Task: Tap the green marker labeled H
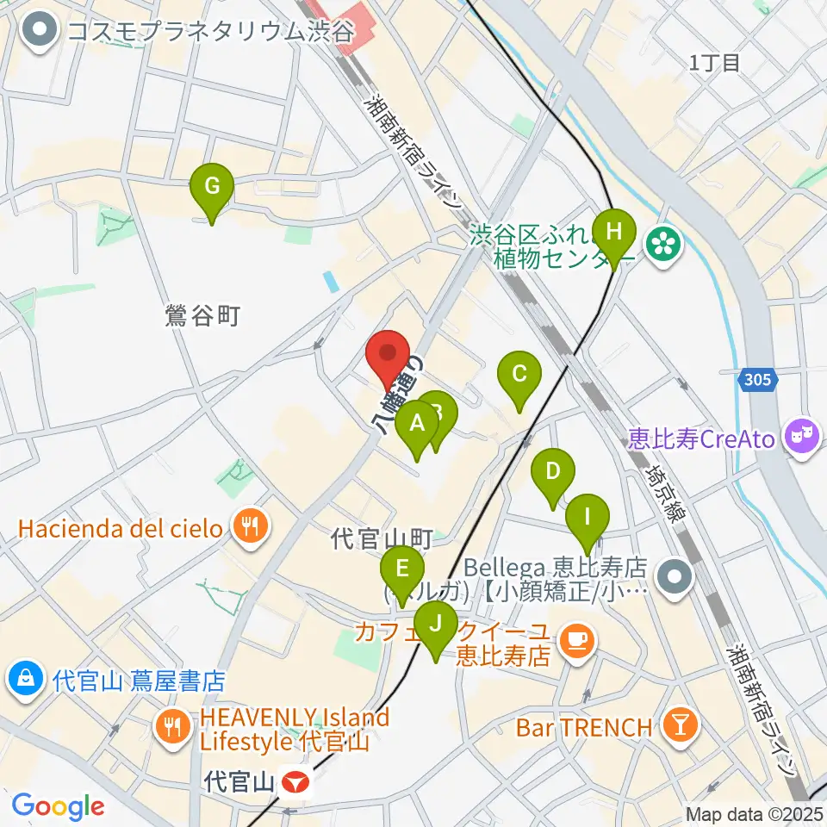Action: [613, 233]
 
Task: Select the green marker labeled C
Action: [519, 375]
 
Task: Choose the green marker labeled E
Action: [402, 571]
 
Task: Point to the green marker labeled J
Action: [436, 624]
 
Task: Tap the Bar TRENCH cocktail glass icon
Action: [679, 726]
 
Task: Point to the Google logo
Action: [58, 806]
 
